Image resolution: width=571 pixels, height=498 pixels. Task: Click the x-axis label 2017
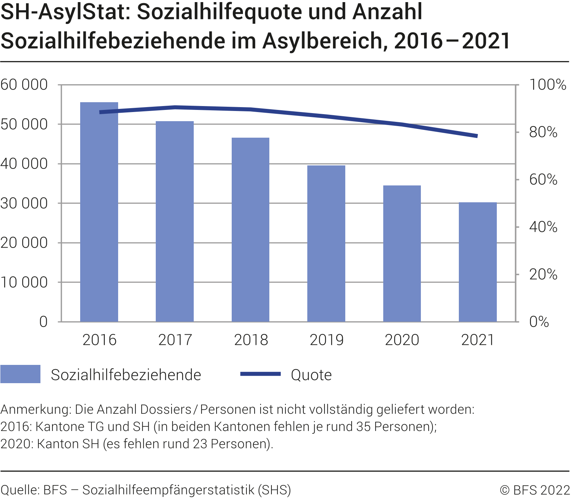point(175,340)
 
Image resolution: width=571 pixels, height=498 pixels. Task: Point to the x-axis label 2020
point(402,340)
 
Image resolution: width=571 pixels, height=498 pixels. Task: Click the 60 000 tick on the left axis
point(24,85)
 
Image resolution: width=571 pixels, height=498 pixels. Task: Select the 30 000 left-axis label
point(24,203)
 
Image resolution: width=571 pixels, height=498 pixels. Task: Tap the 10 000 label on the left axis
point(24,282)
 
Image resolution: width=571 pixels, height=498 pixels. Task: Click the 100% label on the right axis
point(547,85)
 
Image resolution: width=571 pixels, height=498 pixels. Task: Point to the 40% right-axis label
point(543,227)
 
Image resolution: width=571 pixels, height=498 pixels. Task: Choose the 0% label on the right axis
point(539,322)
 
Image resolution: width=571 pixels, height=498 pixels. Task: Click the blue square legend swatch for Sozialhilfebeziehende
point(20,374)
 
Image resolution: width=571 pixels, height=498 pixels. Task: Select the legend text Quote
point(311,375)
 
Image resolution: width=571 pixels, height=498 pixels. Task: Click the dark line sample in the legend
point(260,374)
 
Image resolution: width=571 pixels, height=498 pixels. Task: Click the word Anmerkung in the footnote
point(36,409)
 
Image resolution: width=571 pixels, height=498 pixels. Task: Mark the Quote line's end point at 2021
point(477,136)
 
